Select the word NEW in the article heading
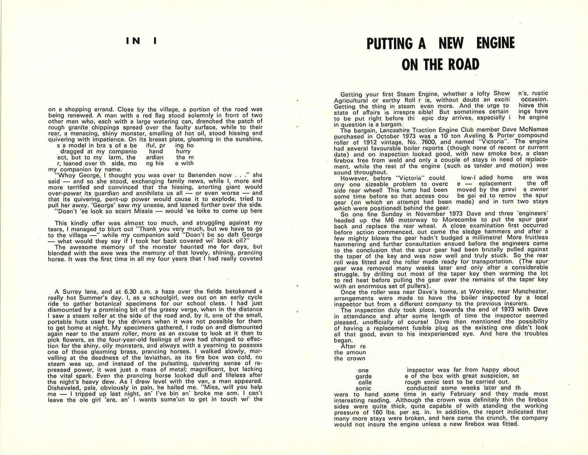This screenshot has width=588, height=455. tap(451, 44)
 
